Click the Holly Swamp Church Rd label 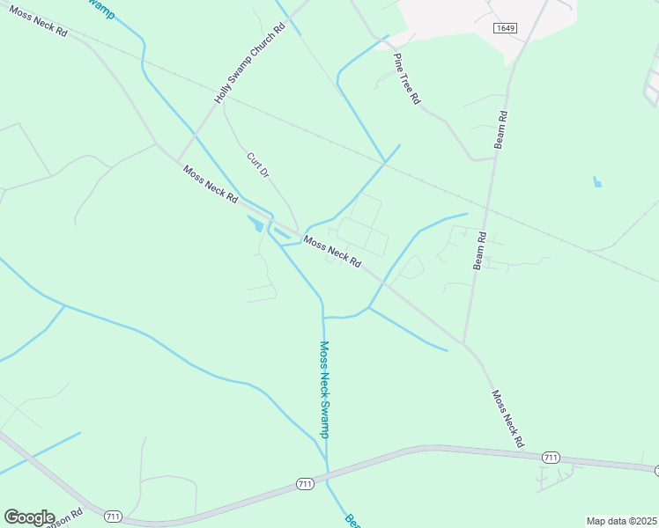(251, 63)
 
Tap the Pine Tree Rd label (406, 79)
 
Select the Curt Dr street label (256, 165)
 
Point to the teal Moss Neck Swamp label (323, 389)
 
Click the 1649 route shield (505, 28)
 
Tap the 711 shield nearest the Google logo (113, 515)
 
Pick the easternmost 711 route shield (552, 458)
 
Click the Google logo (28, 517)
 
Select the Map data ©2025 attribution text (621, 521)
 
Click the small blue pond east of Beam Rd (597, 183)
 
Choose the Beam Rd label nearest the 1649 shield (500, 128)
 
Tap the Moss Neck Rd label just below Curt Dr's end (331, 251)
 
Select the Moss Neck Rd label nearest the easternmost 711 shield (508, 419)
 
